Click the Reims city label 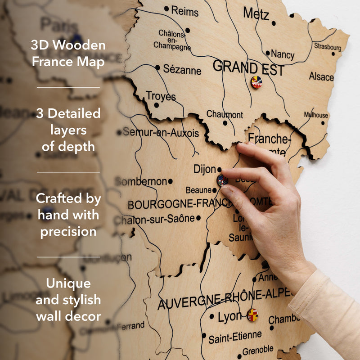click(x=184, y=10)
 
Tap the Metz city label click(x=256, y=13)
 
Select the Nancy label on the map click(x=282, y=54)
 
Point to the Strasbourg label click(x=327, y=46)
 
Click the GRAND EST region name click(x=248, y=68)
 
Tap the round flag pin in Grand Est click(x=256, y=82)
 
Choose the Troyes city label click(x=161, y=96)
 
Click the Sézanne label click(x=182, y=70)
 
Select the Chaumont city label click(x=225, y=115)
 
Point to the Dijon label click(x=205, y=169)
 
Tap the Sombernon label click(x=141, y=181)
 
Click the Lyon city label click(x=229, y=317)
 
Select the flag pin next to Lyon click(x=252, y=315)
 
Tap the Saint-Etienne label click(x=234, y=336)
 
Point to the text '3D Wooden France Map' click(x=68, y=53)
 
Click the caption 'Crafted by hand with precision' click(x=68, y=215)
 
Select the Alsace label click(x=321, y=77)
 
